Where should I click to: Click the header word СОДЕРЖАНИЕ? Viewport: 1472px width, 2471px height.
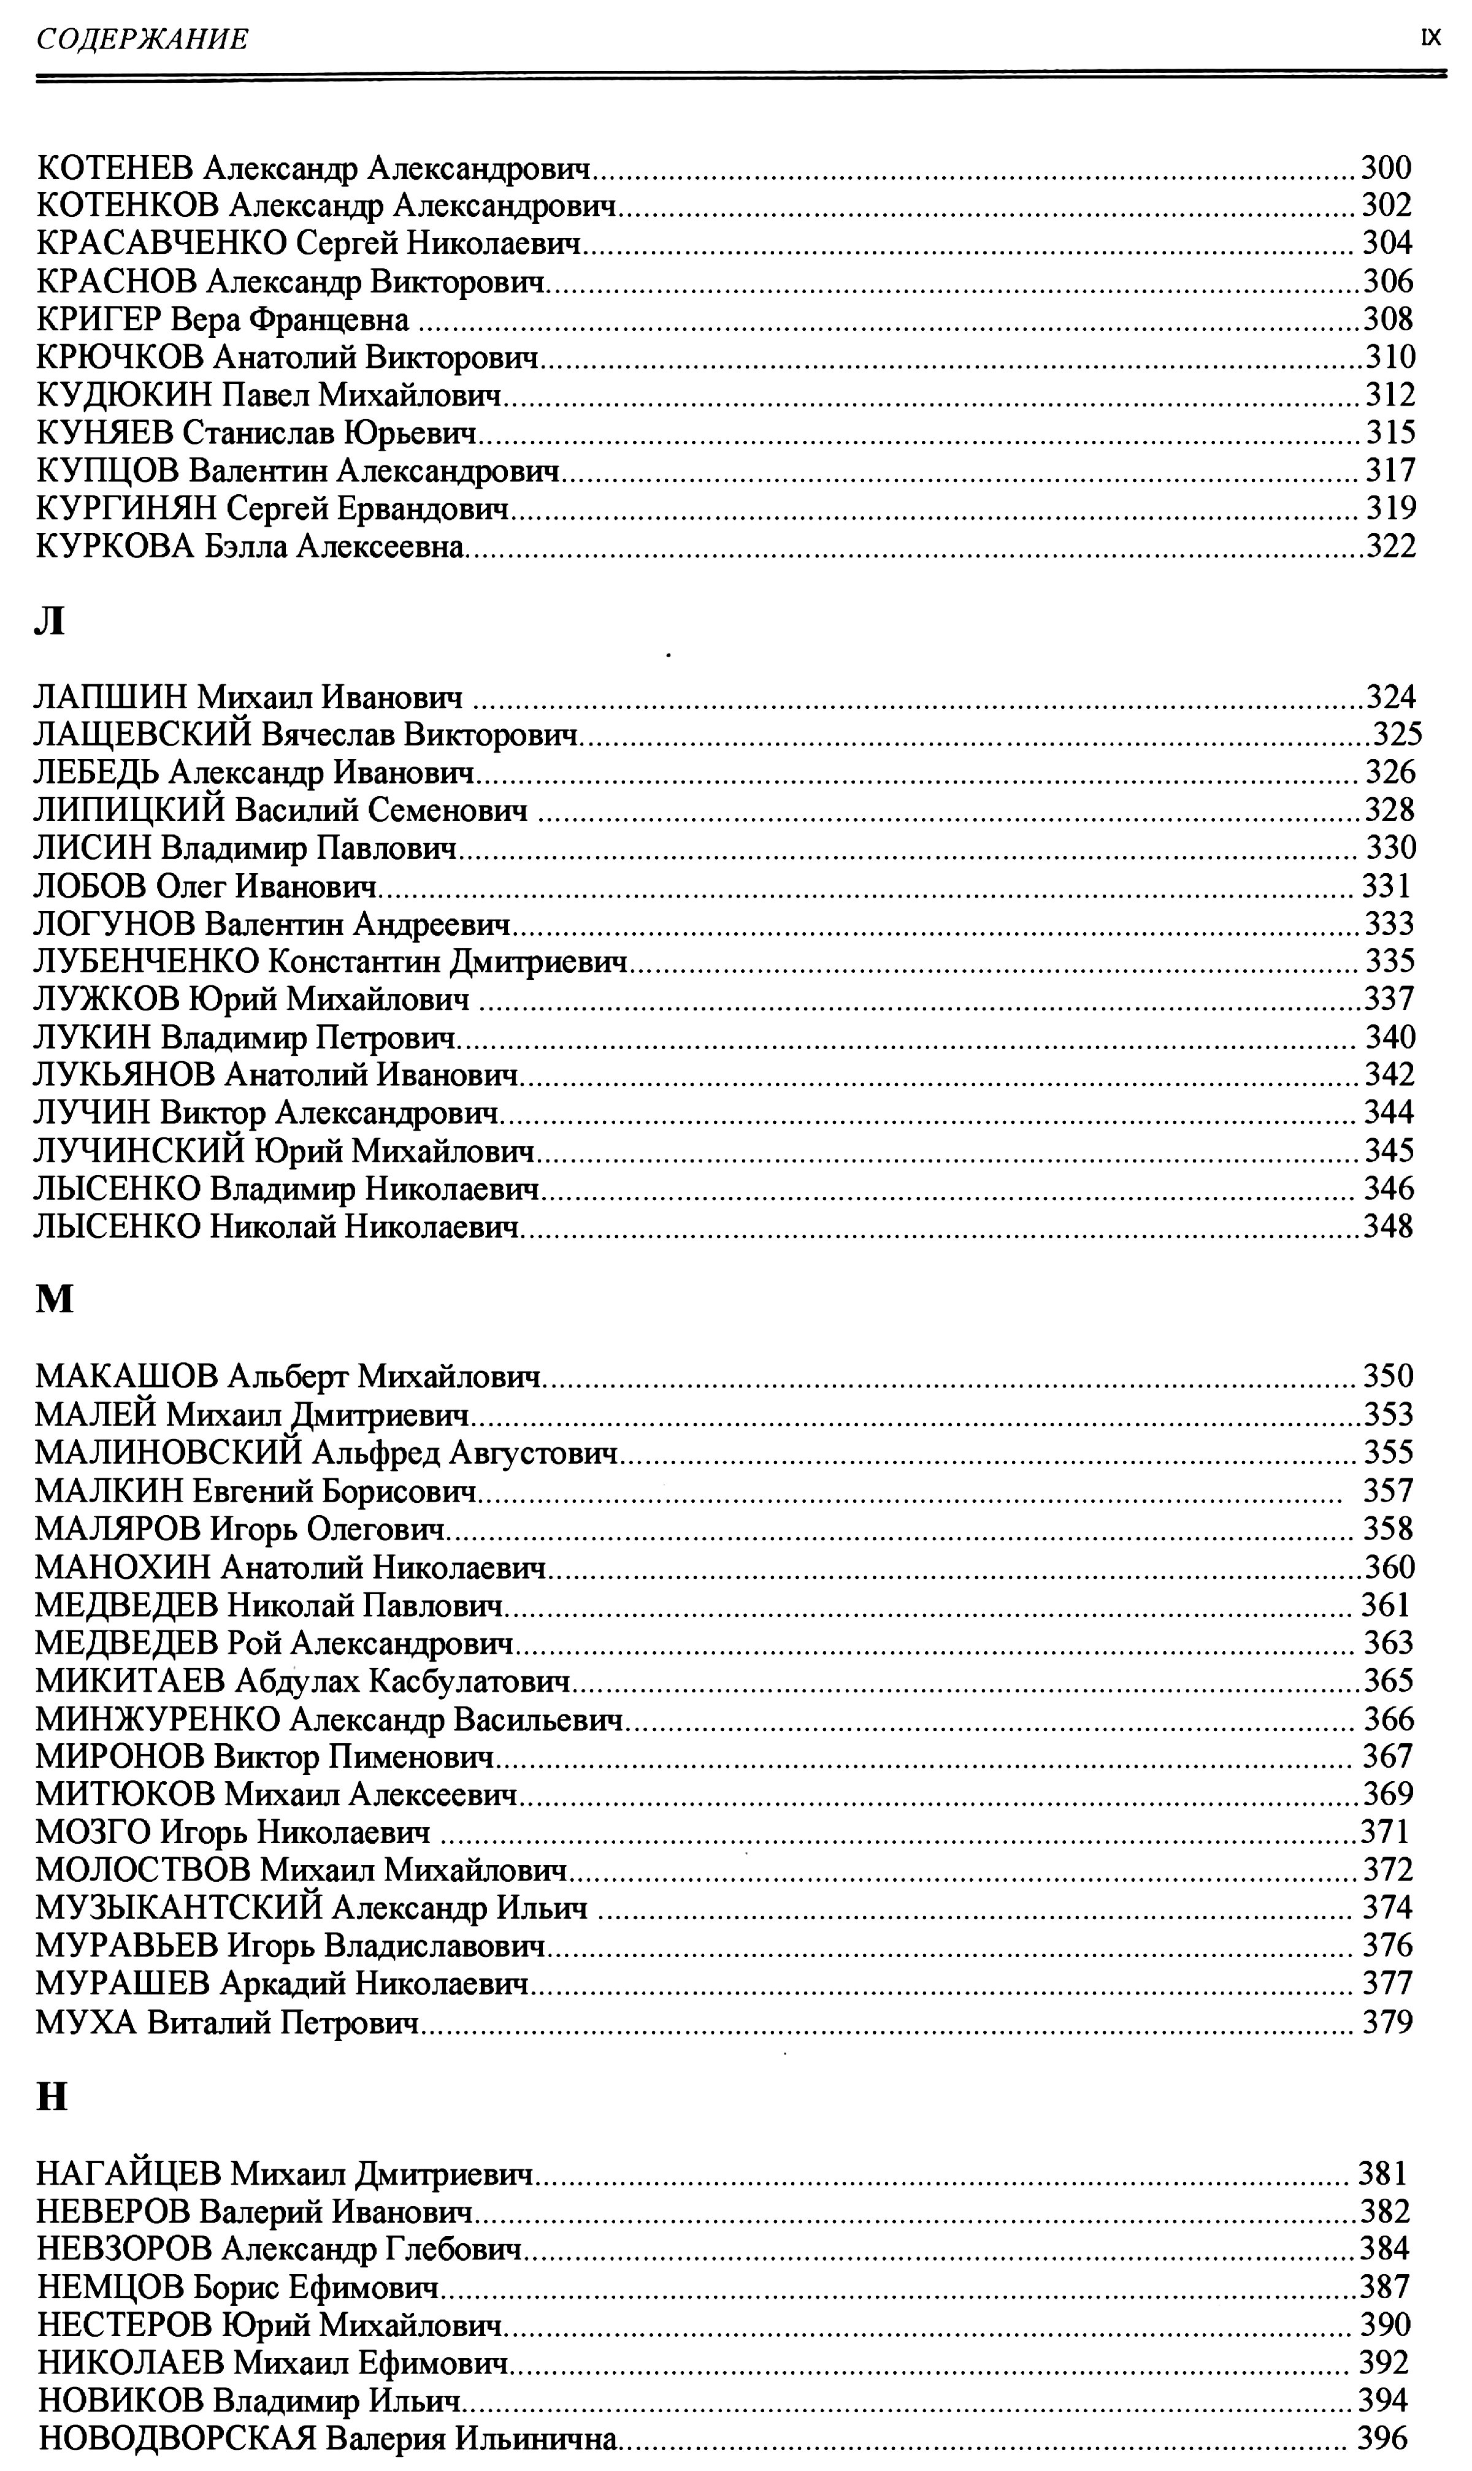click(142, 40)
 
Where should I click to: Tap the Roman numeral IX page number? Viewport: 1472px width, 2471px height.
click(1430, 39)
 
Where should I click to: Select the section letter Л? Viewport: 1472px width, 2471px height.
click(50, 622)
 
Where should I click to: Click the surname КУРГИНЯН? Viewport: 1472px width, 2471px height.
click(125, 509)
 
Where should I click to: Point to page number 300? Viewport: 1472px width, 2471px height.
click(1386, 167)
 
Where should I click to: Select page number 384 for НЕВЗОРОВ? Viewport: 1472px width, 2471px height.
click(1385, 2250)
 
